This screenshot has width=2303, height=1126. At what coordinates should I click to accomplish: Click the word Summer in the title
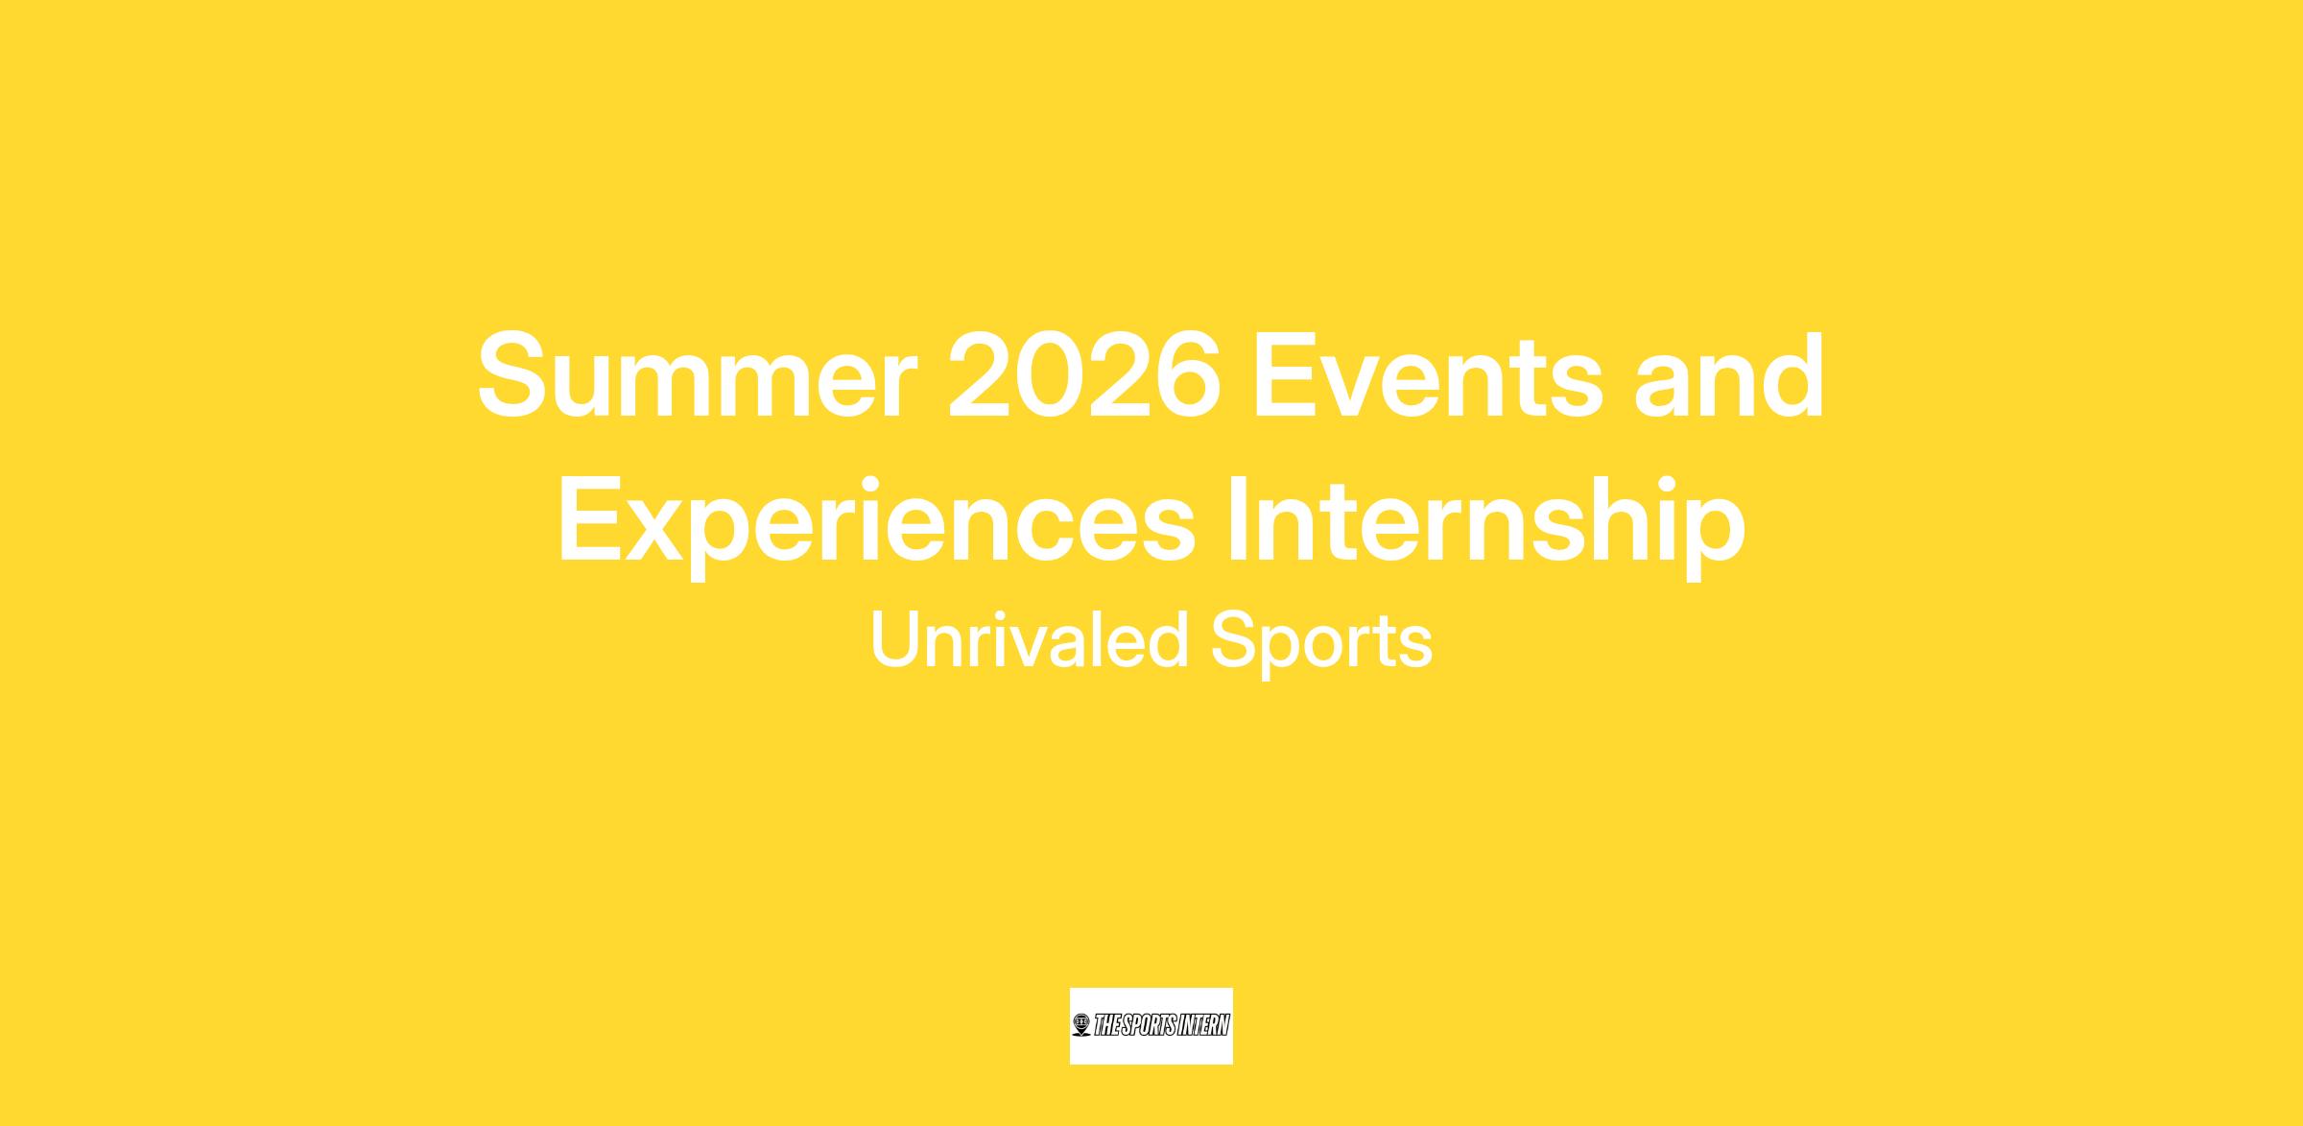696,375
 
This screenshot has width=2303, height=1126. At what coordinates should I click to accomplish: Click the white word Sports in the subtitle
1321,642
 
